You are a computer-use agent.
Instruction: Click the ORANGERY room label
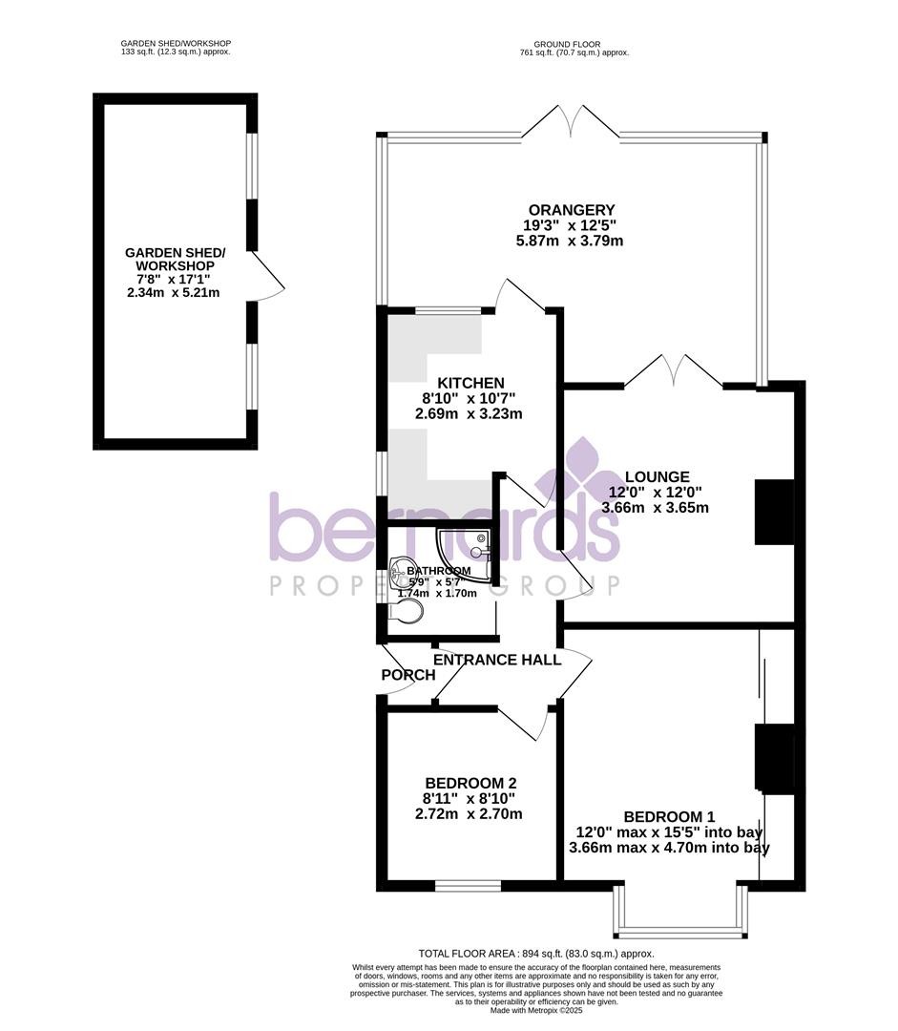[x=573, y=210]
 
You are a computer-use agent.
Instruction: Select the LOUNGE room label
[x=657, y=476]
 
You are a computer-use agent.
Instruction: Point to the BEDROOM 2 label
[x=471, y=783]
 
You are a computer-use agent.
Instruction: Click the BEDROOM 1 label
[x=669, y=816]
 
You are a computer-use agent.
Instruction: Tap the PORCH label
[x=407, y=675]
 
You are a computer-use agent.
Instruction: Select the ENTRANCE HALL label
[x=497, y=660]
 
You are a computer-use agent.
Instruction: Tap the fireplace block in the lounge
[x=774, y=512]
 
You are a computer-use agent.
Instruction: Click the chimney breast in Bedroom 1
[x=774, y=758]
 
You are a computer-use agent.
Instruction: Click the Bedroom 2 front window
[x=468, y=885]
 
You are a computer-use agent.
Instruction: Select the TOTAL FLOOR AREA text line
[x=535, y=953]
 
